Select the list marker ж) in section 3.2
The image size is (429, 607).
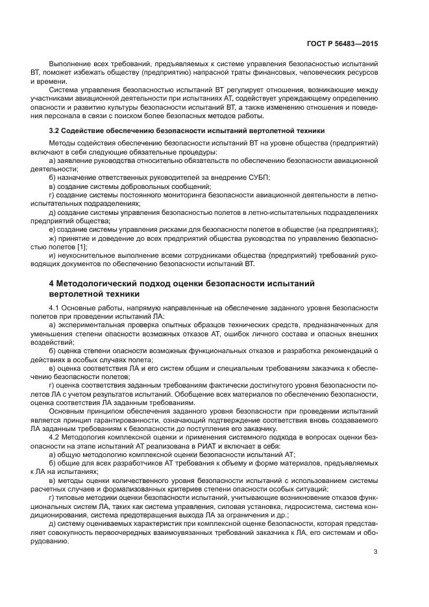pyautogui.click(x=53, y=238)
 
